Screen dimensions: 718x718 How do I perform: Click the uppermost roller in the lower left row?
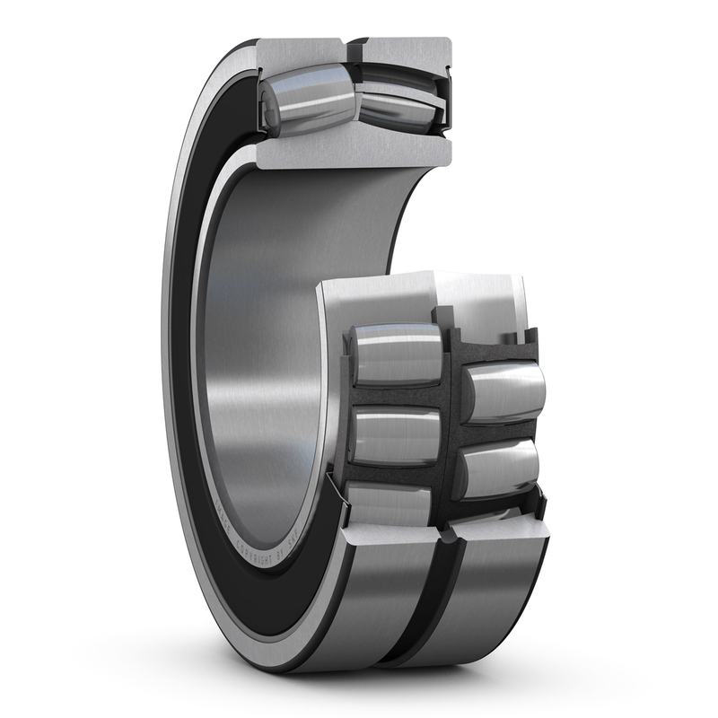click(x=395, y=355)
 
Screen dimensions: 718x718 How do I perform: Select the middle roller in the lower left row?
click(x=395, y=435)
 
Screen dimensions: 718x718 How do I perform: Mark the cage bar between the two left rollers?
click(x=395, y=395)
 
